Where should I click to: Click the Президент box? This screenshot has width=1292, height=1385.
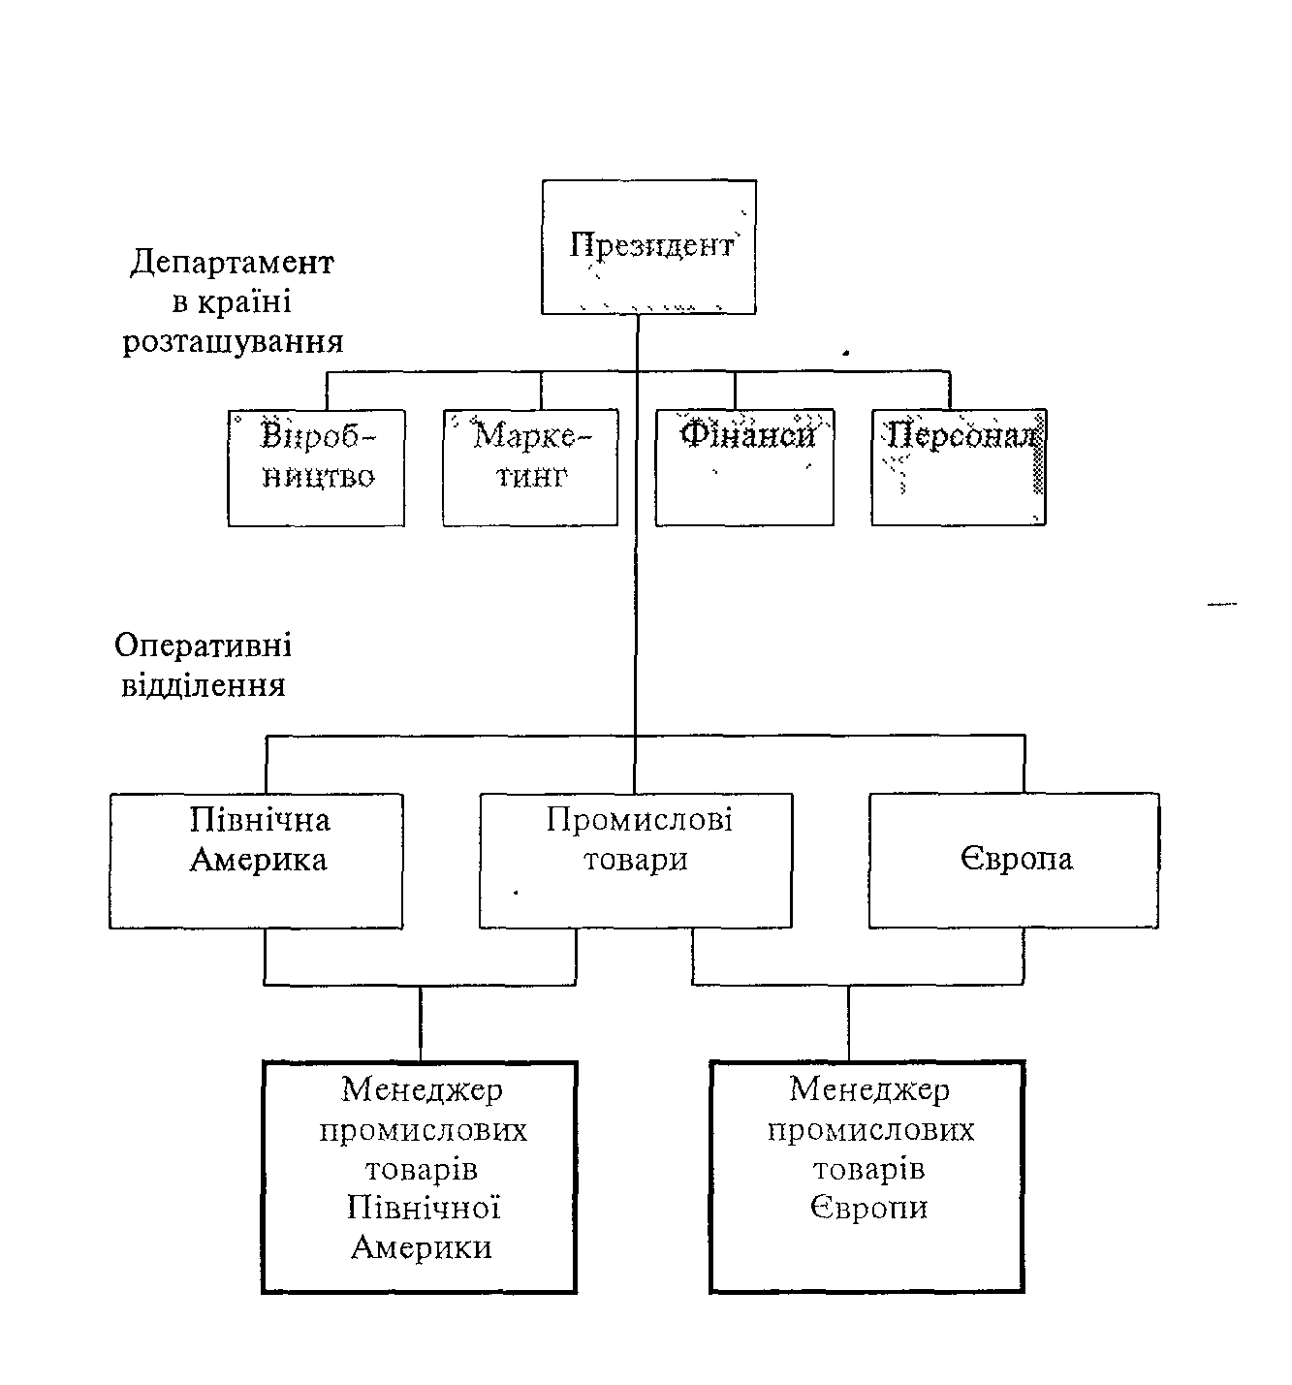click(x=648, y=246)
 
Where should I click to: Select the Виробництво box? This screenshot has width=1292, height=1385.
click(x=316, y=467)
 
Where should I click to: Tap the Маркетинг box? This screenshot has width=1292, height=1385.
click(x=530, y=467)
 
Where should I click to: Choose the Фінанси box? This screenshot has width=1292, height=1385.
click(x=744, y=467)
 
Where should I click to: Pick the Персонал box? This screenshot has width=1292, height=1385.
click(x=959, y=467)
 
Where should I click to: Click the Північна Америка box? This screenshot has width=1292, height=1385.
click(x=256, y=861)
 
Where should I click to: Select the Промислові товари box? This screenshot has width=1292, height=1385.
click(x=636, y=861)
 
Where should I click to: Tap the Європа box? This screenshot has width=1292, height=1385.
click(x=1014, y=861)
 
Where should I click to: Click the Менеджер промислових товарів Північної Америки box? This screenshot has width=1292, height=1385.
click(x=420, y=1177)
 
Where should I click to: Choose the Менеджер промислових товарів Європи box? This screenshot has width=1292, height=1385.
click(x=868, y=1177)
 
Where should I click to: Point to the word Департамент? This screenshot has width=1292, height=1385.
click(x=232, y=263)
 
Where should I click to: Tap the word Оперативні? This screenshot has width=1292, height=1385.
click(x=203, y=645)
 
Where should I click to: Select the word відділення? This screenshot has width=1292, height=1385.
click(x=203, y=685)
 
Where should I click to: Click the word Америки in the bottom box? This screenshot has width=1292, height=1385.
click(x=421, y=1246)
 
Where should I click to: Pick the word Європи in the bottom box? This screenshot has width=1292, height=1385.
click(x=868, y=1208)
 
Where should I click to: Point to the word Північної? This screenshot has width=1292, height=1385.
click(x=422, y=1208)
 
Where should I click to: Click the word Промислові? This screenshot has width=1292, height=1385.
click(x=639, y=821)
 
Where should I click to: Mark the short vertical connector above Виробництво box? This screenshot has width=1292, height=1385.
click(x=327, y=390)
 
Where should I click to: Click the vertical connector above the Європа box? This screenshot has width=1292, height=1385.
click(x=1024, y=765)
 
